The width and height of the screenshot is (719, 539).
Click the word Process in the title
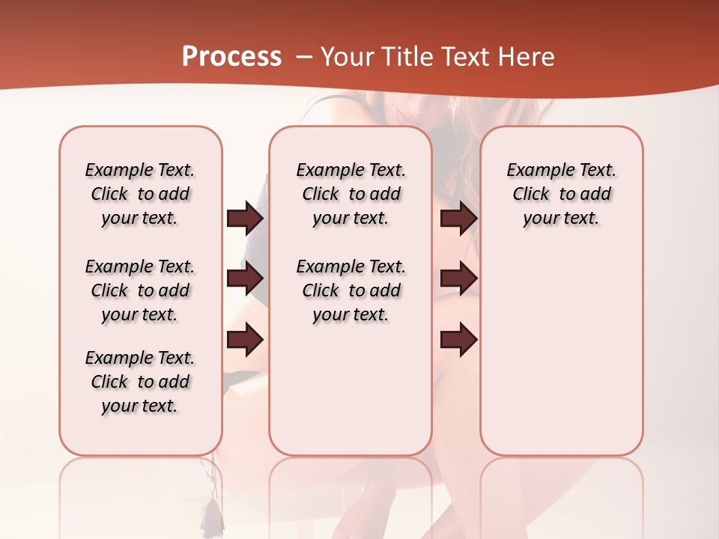tap(231, 56)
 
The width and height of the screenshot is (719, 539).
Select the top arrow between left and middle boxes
tap(245, 219)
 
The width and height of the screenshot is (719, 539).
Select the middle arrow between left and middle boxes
tap(245, 278)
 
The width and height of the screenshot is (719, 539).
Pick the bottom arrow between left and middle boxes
tap(245, 339)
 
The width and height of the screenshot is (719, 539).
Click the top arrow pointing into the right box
tap(458, 219)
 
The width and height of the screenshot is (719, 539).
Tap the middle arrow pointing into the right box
tap(458, 278)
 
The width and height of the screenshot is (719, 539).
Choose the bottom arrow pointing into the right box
tap(458, 339)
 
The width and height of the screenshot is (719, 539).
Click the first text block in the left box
tap(140, 194)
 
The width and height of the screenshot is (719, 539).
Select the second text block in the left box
tap(140, 290)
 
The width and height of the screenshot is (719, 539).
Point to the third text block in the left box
tap(140, 382)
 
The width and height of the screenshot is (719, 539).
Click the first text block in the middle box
tap(351, 194)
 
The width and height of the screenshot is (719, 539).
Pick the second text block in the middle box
tap(351, 290)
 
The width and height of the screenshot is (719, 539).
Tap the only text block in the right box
tap(561, 194)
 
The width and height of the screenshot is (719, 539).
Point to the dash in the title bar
tap(305, 57)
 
